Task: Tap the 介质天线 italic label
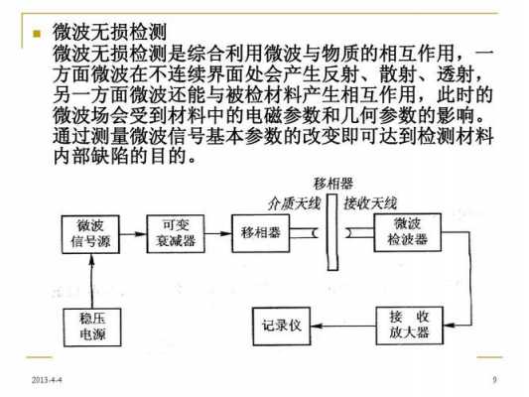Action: (294, 203)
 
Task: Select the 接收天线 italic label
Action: (370, 203)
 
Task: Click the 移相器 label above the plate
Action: (333, 184)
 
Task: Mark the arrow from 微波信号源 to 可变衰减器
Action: (133, 234)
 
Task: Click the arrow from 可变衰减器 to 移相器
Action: (218, 233)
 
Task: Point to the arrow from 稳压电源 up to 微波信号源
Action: (91, 281)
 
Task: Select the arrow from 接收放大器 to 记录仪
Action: (343, 326)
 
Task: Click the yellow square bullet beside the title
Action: (37, 34)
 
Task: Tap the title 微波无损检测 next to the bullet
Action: (109, 33)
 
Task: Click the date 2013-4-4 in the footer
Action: (47, 380)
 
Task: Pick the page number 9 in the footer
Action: (494, 380)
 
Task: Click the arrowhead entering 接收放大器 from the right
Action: (449, 326)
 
